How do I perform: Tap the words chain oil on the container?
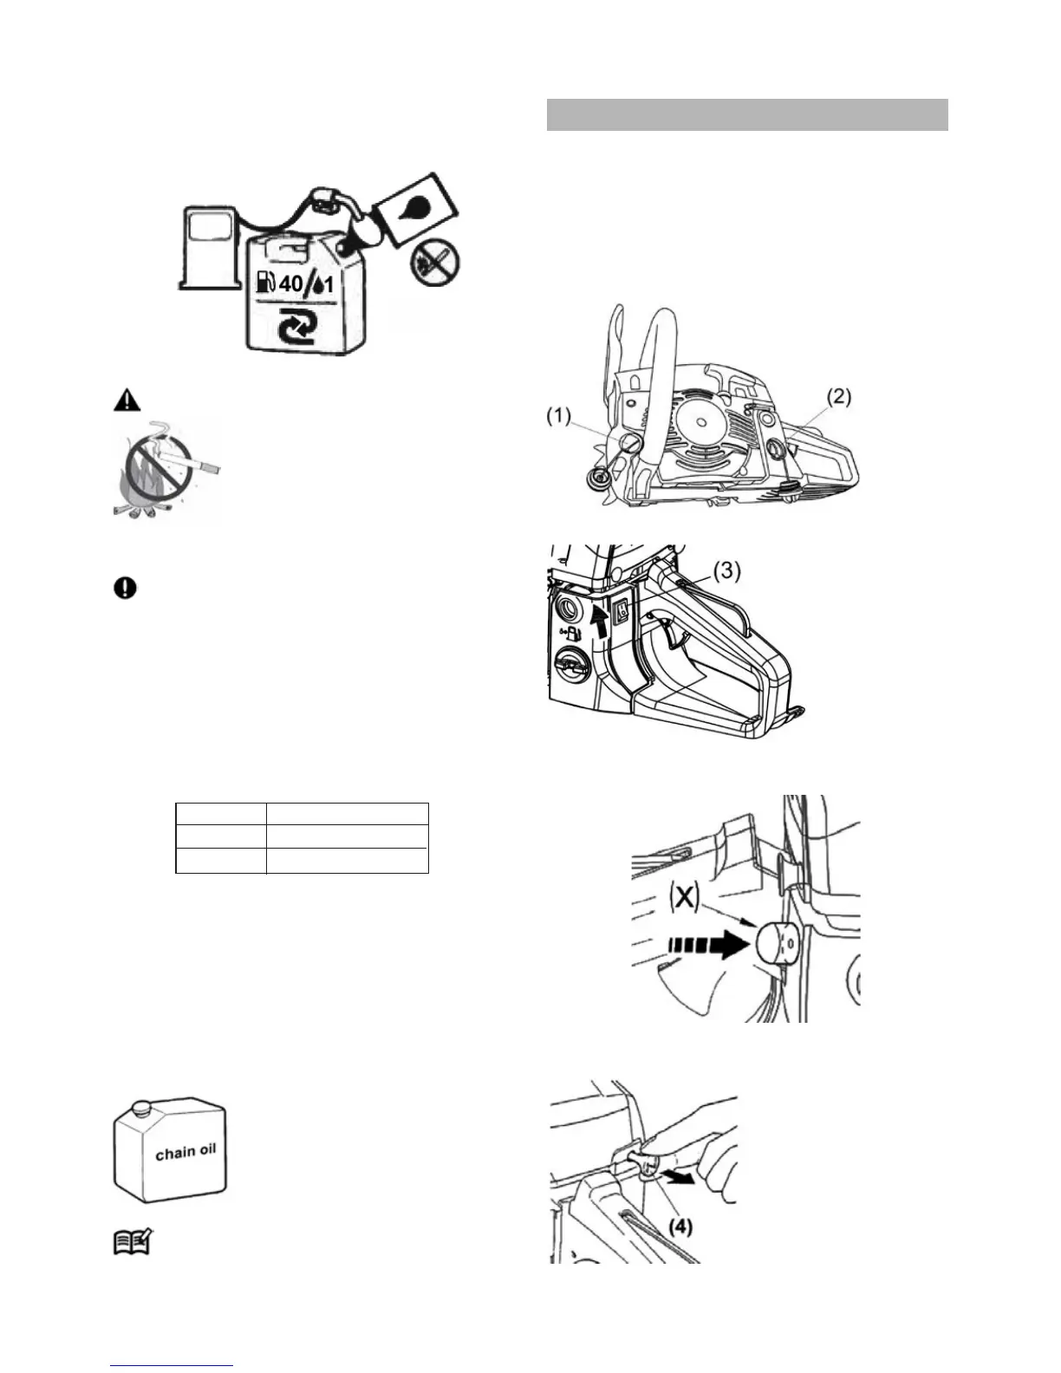(186, 1152)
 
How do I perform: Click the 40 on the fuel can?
(293, 283)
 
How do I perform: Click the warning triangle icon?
(125, 400)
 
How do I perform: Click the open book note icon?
(133, 1245)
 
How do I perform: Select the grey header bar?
(747, 114)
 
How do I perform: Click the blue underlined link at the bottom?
(172, 1366)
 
